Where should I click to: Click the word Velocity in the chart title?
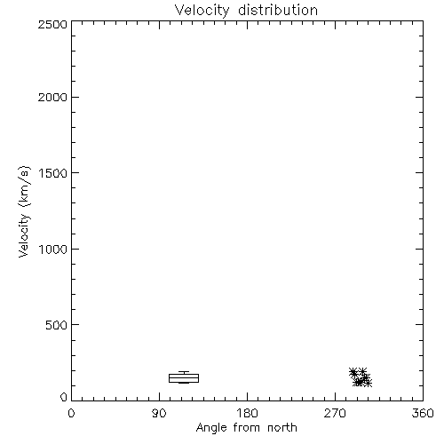point(202,11)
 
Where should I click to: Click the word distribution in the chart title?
point(278,10)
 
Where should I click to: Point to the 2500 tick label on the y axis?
point(52,24)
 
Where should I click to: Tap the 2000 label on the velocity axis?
point(52,97)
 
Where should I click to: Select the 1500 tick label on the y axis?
point(53,173)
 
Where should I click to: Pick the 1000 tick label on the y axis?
point(53,249)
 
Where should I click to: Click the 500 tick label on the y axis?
point(57,325)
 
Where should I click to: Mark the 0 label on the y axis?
point(64,397)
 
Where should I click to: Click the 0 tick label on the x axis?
point(71,413)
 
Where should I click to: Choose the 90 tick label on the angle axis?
point(159,413)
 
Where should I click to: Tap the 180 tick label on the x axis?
point(247,413)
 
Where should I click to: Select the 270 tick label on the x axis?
point(335,413)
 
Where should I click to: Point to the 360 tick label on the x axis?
point(423,413)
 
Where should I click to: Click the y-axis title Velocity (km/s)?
point(24,211)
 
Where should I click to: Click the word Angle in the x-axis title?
point(211,428)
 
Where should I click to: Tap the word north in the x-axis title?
point(282,427)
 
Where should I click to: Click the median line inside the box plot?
point(184,378)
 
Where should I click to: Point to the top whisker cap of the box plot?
point(184,372)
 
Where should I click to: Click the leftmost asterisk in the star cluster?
point(353,372)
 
